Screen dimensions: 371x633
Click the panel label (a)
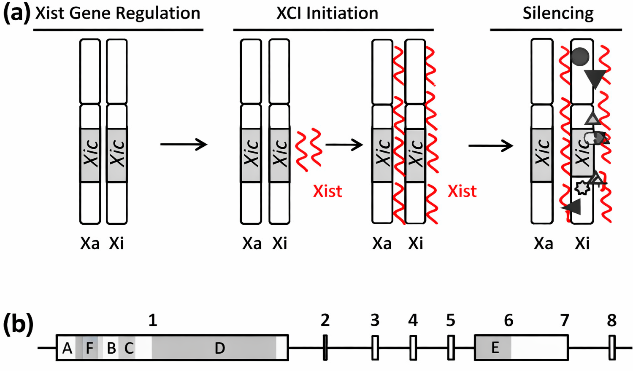click(17, 13)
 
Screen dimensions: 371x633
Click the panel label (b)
click(18, 325)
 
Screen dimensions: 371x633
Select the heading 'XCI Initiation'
click(327, 13)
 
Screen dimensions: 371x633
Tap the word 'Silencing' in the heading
click(558, 13)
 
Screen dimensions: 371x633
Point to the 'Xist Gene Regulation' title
click(118, 13)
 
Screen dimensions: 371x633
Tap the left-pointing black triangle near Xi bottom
click(572, 207)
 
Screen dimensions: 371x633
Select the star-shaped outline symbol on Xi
click(582, 188)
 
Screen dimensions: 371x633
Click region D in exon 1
click(219, 348)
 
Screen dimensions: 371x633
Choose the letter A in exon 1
click(67, 348)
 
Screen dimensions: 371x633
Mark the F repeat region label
click(89, 348)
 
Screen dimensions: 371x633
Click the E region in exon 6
click(495, 348)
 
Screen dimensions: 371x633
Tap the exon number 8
click(611, 321)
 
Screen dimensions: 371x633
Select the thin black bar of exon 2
click(325, 348)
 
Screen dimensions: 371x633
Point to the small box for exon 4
click(413, 348)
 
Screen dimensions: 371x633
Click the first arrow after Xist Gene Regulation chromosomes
click(184, 145)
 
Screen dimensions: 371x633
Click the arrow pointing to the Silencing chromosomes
click(490, 146)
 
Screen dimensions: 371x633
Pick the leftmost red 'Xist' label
click(327, 191)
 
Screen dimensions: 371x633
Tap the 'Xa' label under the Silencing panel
click(543, 244)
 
